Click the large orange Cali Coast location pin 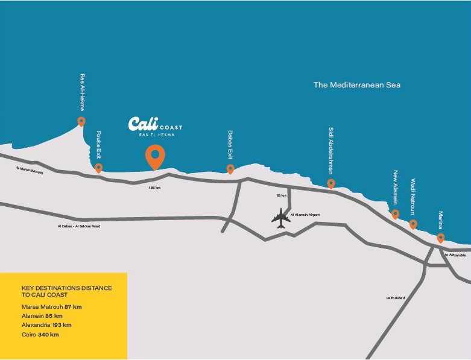pyautogui.click(x=155, y=156)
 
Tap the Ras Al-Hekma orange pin pyautogui.click(x=81, y=121)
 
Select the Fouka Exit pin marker pyautogui.click(x=98, y=168)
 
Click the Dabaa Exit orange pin pyautogui.click(x=230, y=169)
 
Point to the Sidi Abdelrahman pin pyautogui.click(x=330, y=183)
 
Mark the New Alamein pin pyautogui.click(x=395, y=213)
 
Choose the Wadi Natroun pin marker pyautogui.click(x=413, y=224)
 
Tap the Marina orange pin pyautogui.click(x=441, y=238)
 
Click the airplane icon pyautogui.click(x=280, y=218)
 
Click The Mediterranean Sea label pyautogui.click(x=356, y=85)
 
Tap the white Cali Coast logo pyautogui.click(x=155, y=125)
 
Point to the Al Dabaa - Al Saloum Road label pyautogui.click(x=76, y=226)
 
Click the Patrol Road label pyautogui.click(x=396, y=298)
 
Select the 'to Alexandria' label pyautogui.click(x=455, y=255)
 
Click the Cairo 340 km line pyautogui.click(x=40, y=334)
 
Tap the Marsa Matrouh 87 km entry pyautogui.click(x=51, y=307)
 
